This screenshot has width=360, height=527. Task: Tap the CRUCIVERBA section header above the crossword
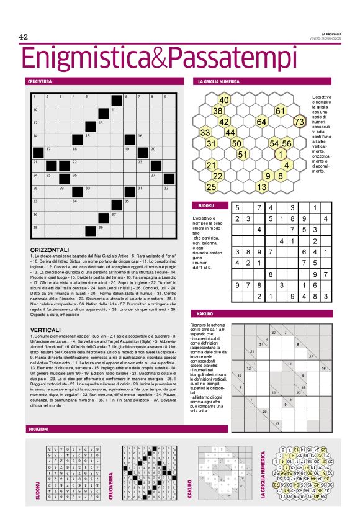click(39, 81)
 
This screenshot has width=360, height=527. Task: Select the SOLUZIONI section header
click(39, 429)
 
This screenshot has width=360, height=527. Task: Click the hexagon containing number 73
click(300, 122)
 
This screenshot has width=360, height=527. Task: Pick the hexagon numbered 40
click(224, 100)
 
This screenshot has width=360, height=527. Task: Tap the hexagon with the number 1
click(281, 154)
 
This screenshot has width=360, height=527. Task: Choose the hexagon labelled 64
click(261, 122)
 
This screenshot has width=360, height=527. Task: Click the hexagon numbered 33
click(205, 132)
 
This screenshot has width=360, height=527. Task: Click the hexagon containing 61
click(281, 110)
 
